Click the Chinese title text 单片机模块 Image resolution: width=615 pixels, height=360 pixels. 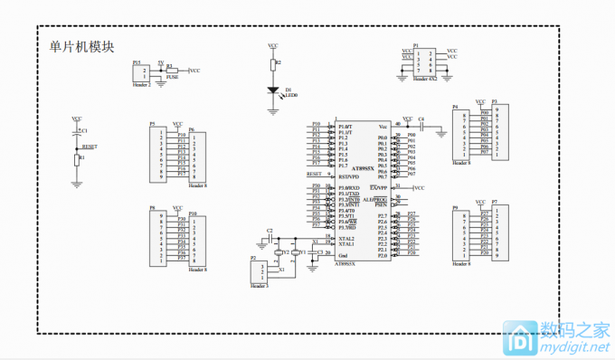(80, 47)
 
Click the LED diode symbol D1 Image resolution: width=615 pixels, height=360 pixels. (273, 90)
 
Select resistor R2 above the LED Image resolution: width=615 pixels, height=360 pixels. (273, 64)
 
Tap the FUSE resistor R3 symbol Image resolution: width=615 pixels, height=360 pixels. (169, 70)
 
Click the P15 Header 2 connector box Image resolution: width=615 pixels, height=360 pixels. (141, 72)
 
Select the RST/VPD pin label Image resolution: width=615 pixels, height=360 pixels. (350, 176)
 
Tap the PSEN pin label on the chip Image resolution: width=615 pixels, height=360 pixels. (381, 204)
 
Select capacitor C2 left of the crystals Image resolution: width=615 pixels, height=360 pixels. (270, 238)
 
